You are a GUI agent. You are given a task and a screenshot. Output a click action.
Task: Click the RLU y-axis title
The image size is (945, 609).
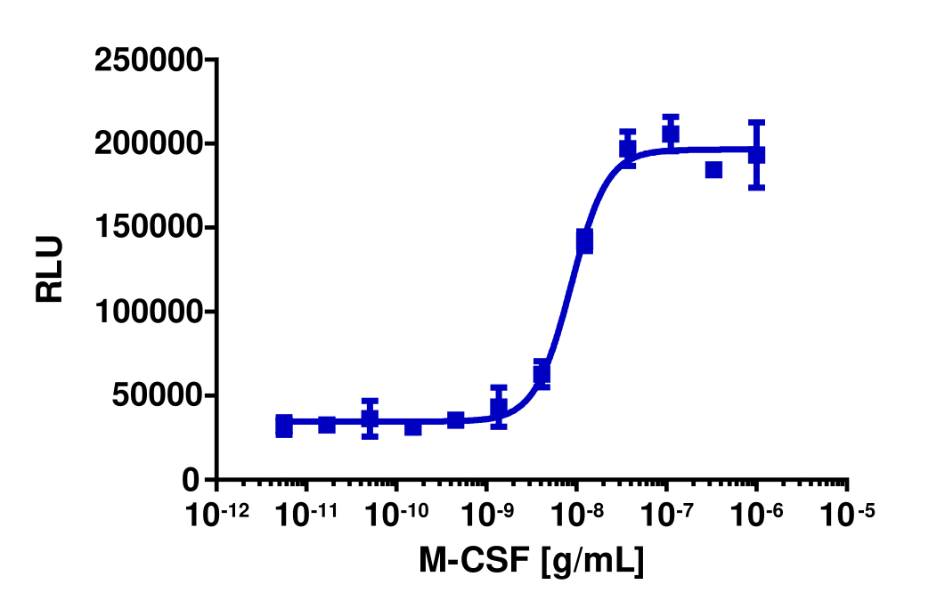51,270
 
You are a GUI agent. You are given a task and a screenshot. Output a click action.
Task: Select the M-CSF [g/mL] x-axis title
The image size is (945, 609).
532,561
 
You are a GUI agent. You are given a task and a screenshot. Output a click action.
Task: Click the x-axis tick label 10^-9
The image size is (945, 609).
486,515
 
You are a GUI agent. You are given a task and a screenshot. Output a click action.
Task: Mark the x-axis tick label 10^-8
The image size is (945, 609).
576,515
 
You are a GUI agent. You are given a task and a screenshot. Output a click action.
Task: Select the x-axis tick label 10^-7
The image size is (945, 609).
666,515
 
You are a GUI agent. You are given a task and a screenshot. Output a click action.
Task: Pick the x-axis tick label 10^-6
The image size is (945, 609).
756,515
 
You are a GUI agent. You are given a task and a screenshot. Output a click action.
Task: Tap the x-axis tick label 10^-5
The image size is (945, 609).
846,515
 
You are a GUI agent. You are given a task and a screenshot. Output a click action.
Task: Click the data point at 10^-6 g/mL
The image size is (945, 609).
756,155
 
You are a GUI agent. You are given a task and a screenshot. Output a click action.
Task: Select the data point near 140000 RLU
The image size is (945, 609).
584,240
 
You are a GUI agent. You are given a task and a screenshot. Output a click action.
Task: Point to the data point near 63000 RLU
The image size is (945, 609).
542,374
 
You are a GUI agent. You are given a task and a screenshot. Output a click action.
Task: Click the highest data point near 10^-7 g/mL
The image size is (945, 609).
671,134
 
